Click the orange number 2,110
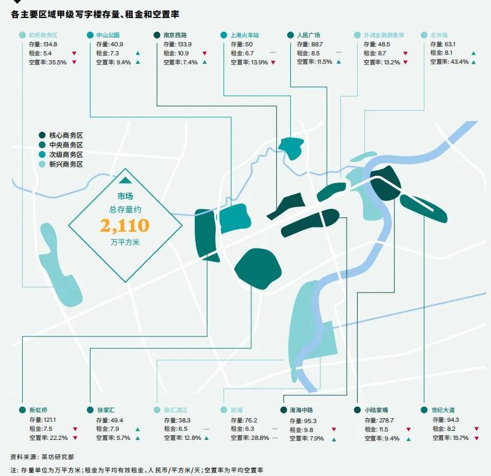(x=124, y=226)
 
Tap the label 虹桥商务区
(x=43, y=35)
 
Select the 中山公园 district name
(x=108, y=35)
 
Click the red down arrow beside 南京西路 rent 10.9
(x=204, y=54)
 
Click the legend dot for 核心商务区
(x=42, y=135)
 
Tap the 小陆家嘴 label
(x=376, y=410)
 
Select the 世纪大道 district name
(x=443, y=410)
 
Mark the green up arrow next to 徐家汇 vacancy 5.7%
(x=138, y=438)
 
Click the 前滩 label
(x=237, y=410)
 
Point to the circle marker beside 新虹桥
(x=22, y=410)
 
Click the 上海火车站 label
(x=245, y=35)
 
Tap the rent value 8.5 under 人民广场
(x=316, y=54)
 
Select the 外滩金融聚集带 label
(x=384, y=35)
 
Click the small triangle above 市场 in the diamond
(x=125, y=180)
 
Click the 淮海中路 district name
(x=301, y=410)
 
